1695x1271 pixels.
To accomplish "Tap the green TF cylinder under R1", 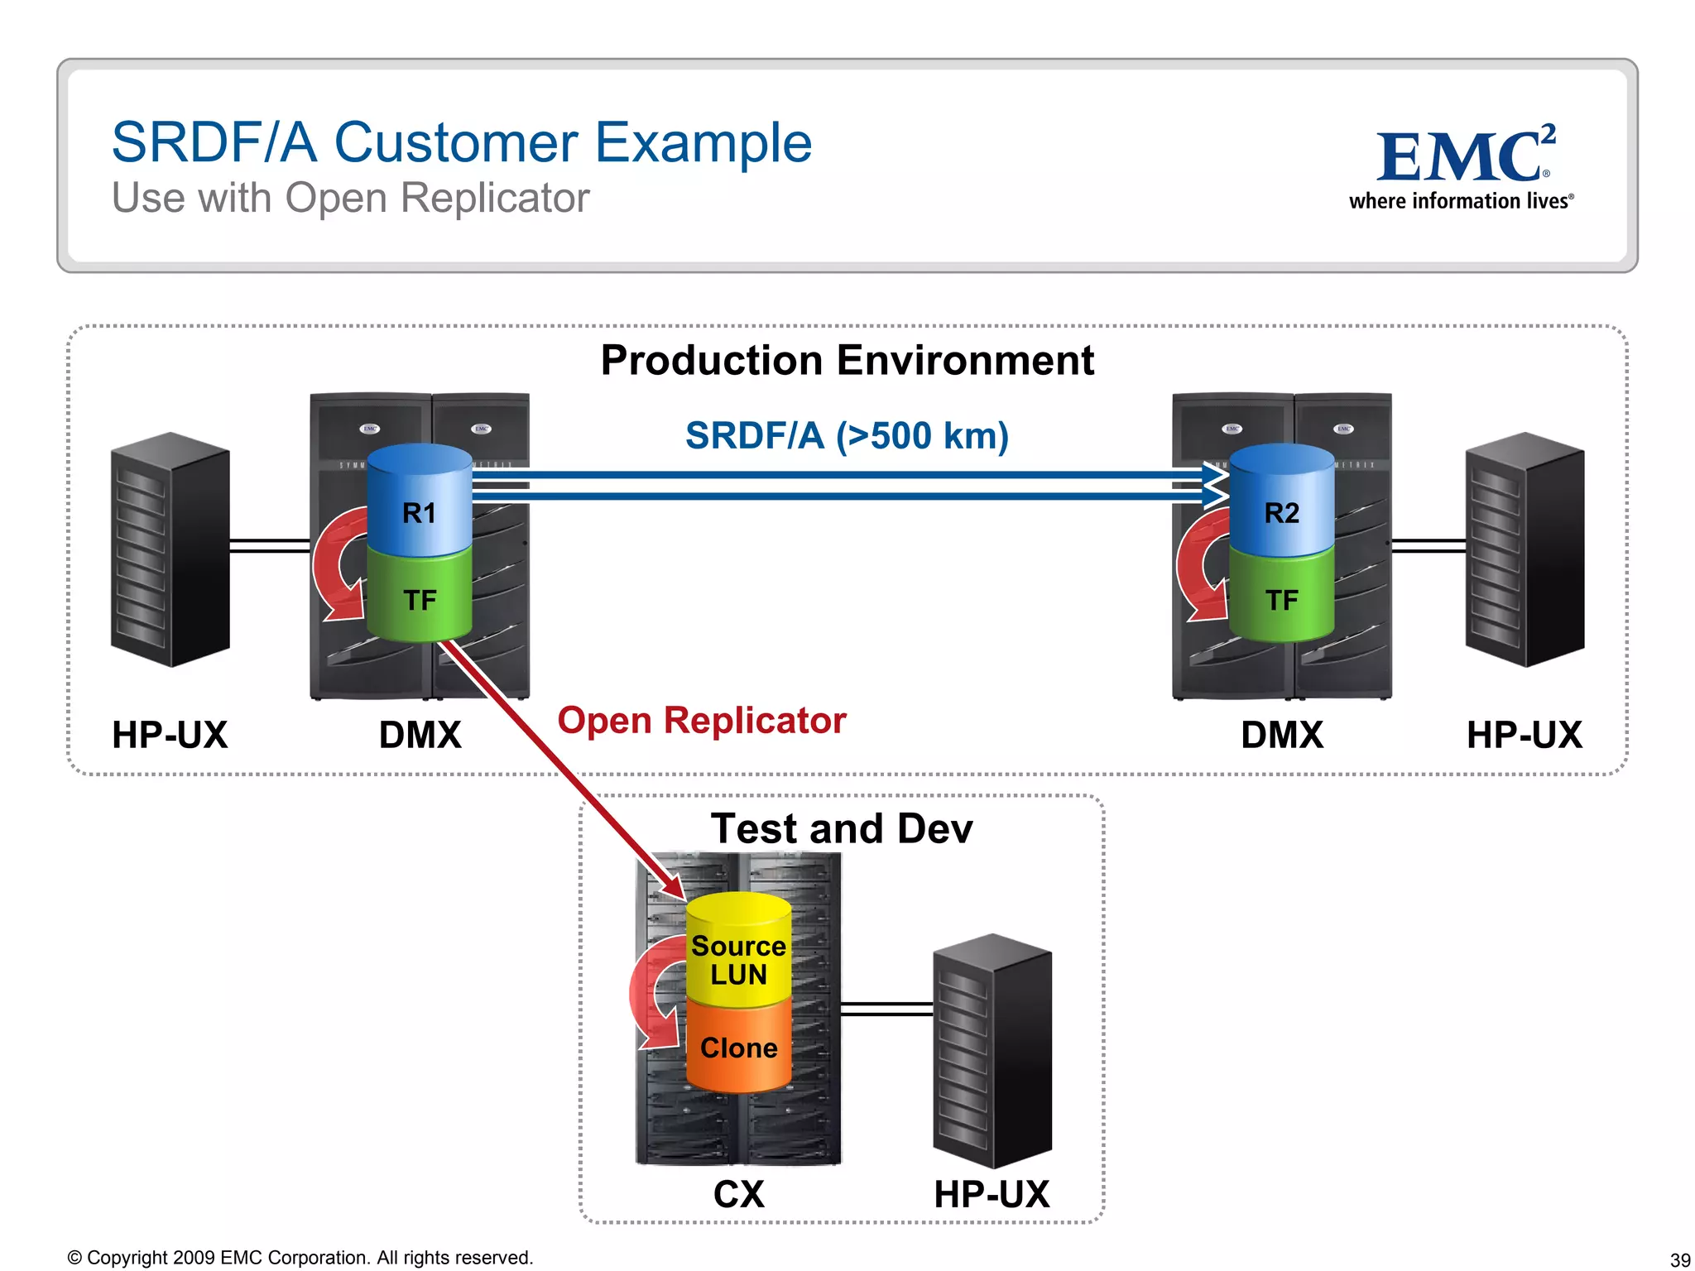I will tap(420, 597).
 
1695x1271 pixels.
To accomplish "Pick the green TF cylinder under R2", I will tap(1281, 597).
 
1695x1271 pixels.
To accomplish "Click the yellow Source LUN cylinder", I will tap(738, 952).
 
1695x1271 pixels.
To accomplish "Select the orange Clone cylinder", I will tap(738, 1047).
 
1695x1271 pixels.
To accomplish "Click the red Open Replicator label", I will tap(702, 720).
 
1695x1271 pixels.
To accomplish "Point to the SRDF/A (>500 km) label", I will tap(847, 435).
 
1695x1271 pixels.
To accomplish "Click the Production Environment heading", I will tap(847, 360).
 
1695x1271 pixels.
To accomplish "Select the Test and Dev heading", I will tap(842, 828).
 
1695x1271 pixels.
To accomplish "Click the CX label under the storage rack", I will tap(738, 1194).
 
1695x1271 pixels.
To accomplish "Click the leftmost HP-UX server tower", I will tap(170, 549).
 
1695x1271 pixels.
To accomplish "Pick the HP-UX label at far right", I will tap(1524, 735).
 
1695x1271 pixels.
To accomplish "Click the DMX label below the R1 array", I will tap(420, 735).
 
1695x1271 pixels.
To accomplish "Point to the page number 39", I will tap(1679, 1259).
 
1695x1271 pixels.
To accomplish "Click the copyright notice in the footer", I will tap(300, 1258).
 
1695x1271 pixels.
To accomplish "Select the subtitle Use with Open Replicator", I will tap(350, 199).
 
